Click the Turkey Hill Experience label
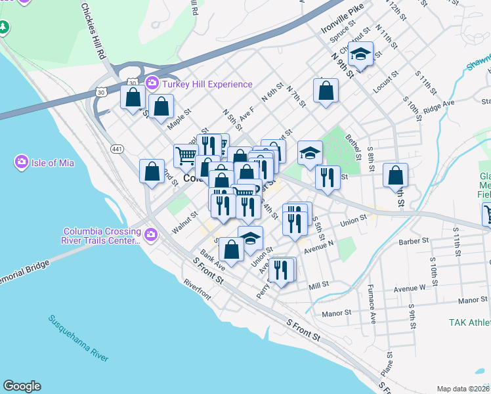(207, 84)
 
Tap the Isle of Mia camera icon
(22, 162)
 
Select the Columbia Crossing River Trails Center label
(101, 236)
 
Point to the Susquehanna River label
(78, 338)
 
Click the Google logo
(22, 386)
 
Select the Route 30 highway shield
(133, 82)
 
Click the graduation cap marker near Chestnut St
(360, 54)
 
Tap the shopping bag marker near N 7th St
(326, 91)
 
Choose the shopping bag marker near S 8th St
(396, 175)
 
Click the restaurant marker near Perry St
(282, 269)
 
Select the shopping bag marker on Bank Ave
(231, 249)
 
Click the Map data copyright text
(463, 389)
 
